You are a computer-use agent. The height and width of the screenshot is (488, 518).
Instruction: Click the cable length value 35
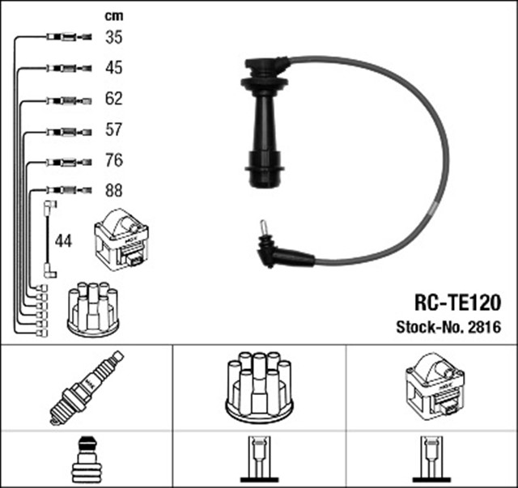tap(114, 36)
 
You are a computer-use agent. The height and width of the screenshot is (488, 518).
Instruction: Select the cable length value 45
tap(114, 68)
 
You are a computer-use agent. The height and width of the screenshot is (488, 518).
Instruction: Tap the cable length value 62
tap(114, 100)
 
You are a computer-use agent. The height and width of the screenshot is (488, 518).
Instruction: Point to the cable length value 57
tap(114, 130)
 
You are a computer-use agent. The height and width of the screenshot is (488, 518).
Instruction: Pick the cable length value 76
tap(114, 161)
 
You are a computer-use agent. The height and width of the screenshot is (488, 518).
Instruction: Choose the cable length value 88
tap(114, 192)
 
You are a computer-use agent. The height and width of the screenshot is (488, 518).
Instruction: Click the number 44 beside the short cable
tap(63, 240)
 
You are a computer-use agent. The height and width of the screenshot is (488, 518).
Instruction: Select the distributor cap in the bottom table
tap(259, 386)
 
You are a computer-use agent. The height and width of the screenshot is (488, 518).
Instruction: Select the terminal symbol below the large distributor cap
tap(259, 461)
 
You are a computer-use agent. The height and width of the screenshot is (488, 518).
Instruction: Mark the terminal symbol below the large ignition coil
tap(431, 461)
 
